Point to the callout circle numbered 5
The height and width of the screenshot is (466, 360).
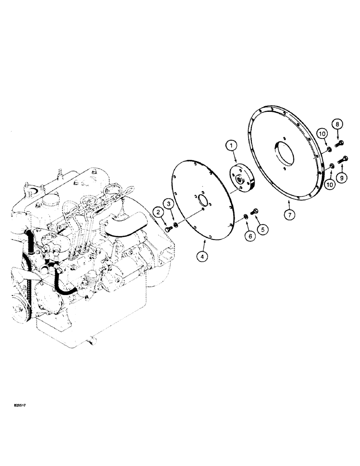[x=264, y=229]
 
